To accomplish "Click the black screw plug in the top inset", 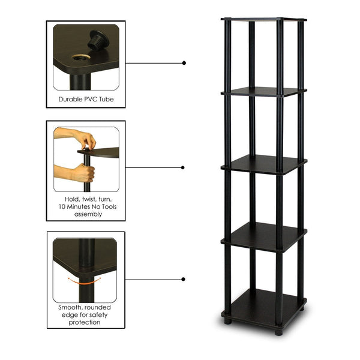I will coord(95,41).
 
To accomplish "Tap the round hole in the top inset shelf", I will coord(80,58).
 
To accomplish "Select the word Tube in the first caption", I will coord(106,99).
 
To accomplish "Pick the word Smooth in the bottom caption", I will coord(71,307).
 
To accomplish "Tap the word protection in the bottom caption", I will coord(85,322).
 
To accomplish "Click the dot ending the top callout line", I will coord(184,62).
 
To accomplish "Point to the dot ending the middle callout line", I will coord(184,167).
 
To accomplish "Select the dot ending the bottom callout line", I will coord(184,279).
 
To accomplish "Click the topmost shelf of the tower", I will coord(264,19).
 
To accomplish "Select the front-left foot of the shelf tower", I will coord(227,321).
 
